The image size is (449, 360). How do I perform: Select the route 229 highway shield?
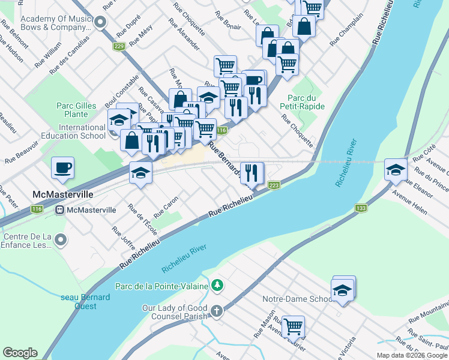click(x=119, y=46)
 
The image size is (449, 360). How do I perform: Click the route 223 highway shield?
click(x=274, y=186)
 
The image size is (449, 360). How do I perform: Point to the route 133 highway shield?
click(x=361, y=208)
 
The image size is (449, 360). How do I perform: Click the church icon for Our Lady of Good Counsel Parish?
click(x=217, y=311)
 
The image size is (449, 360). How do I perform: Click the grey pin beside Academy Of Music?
click(x=100, y=23)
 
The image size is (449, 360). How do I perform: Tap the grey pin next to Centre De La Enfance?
click(x=60, y=241)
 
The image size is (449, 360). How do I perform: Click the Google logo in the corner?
click(x=20, y=353)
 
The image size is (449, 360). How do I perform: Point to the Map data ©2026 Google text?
click(x=411, y=355)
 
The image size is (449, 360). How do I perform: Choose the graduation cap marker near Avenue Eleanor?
click(x=396, y=170)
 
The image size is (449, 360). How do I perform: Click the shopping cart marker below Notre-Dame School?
click(x=293, y=327)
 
